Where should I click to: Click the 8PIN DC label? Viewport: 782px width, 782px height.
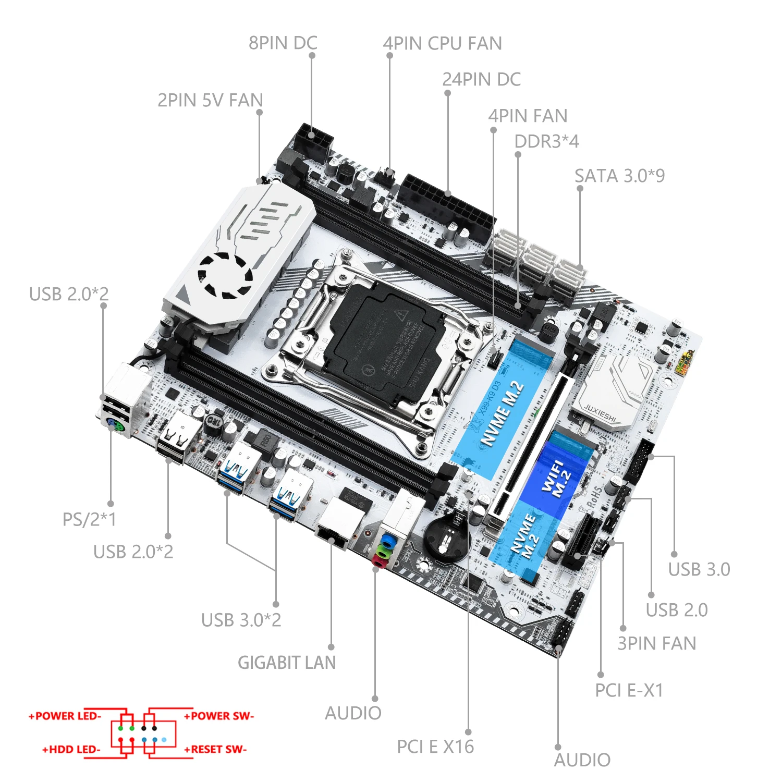[x=283, y=43]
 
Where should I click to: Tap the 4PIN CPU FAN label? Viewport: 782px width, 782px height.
[x=442, y=44]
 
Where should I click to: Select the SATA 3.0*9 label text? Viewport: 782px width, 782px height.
[x=619, y=176]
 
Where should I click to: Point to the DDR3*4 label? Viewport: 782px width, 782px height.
[x=546, y=141]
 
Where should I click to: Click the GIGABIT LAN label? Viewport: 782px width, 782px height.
[x=287, y=663]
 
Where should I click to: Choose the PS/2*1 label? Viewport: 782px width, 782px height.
[x=89, y=519]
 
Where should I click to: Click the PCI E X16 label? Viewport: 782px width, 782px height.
[x=435, y=747]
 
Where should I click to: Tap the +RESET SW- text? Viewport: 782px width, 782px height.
[x=215, y=749]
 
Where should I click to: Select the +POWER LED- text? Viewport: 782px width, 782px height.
[x=65, y=716]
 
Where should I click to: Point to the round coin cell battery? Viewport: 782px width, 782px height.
[x=446, y=540]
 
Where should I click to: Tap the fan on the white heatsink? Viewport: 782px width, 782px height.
[x=225, y=275]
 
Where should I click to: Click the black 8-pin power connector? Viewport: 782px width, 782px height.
[x=312, y=138]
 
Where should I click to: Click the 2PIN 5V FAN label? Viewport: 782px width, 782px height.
[x=210, y=100]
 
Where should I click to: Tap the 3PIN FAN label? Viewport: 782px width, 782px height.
[x=656, y=643]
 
